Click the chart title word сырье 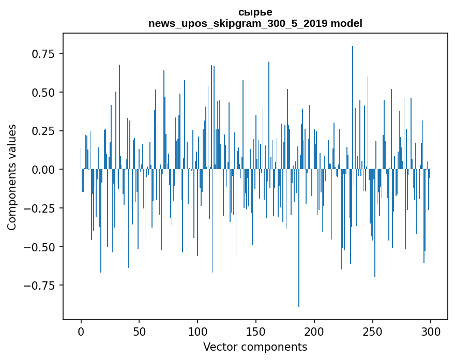point(255,12)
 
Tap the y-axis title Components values point(11,177)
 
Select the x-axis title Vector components point(255,347)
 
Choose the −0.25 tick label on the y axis point(41,208)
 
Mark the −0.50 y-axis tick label point(41,247)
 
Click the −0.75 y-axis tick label point(41,285)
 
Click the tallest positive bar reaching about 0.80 point(353,103)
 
